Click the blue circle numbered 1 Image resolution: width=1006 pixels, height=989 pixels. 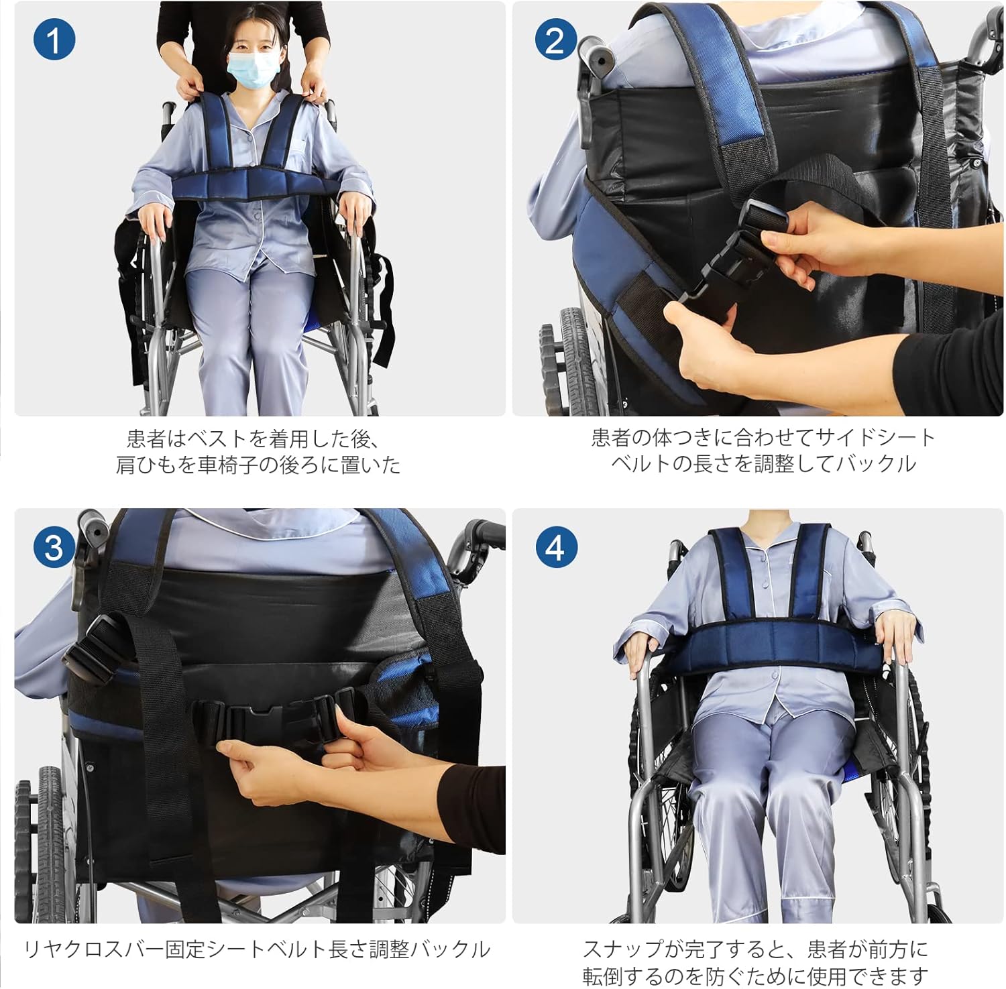(54, 40)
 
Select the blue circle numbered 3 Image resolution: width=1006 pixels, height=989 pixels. (54, 548)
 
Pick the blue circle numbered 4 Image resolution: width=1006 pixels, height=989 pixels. (555, 548)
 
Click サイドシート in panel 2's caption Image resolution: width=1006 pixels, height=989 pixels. (873, 438)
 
